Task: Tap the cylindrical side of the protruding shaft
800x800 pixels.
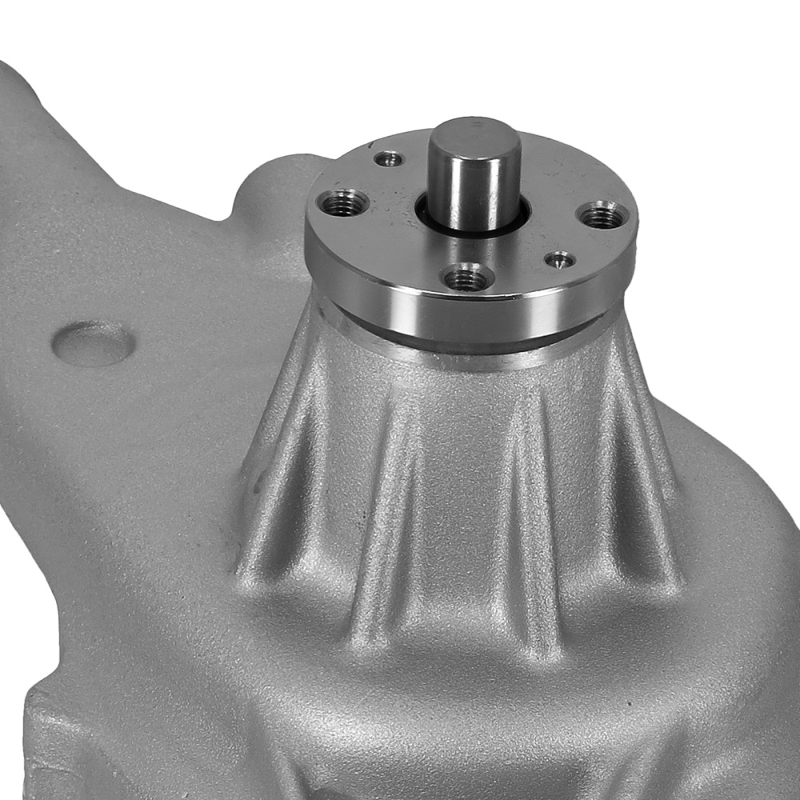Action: coord(474,188)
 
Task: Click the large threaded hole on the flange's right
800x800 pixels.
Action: coord(602,214)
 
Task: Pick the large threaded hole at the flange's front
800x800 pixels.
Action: coord(467,278)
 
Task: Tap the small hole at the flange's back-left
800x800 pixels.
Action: coord(389,158)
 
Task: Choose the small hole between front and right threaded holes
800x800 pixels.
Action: coord(559,260)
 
